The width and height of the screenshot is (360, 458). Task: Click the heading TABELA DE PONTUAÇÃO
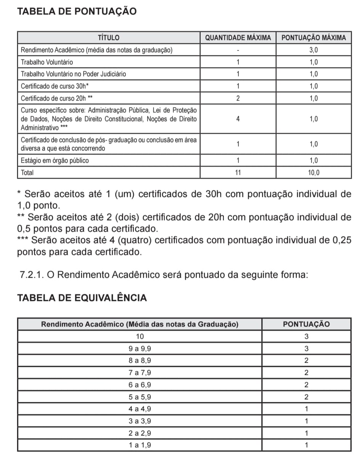pyautogui.click(x=77, y=11)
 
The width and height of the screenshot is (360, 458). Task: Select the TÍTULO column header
pyautogui.click(x=109, y=38)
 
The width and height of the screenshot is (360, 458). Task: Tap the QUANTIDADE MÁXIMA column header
pyautogui.click(x=238, y=38)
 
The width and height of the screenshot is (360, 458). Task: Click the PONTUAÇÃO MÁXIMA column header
pyautogui.click(x=313, y=38)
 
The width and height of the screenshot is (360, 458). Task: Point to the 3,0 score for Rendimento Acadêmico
pyautogui.click(x=313, y=50)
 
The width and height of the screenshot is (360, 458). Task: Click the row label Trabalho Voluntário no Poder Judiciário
pyautogui.click(x=74, y=74)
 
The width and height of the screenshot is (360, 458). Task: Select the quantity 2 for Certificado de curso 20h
pyautogui.click(x=238, y=98)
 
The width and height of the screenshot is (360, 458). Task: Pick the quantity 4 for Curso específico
pyautogui.click(x=238, y=119)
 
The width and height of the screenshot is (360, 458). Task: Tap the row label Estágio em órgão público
pyautogui.click(x=55, y=160)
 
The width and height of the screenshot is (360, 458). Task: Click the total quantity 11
pyautogui.click(x=238, y=173)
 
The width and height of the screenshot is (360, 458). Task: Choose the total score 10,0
pyautogui.click(x=313, y=173)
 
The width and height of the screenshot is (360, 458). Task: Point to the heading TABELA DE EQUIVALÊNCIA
pyautogui.click(x=82, y=298)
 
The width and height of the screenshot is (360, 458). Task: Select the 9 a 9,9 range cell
pyautogui.click(x=140, y=349)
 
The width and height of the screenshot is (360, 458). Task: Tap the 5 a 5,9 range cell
pyautogui.click(x=140, y=397)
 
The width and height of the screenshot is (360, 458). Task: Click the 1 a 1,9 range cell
pyautogui.click(x=140, y=445)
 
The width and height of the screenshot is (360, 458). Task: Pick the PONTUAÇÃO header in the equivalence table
pyautogui.click(x=306, y=324)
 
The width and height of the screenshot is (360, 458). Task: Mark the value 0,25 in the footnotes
pyautogui.click(x=342, y=240)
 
